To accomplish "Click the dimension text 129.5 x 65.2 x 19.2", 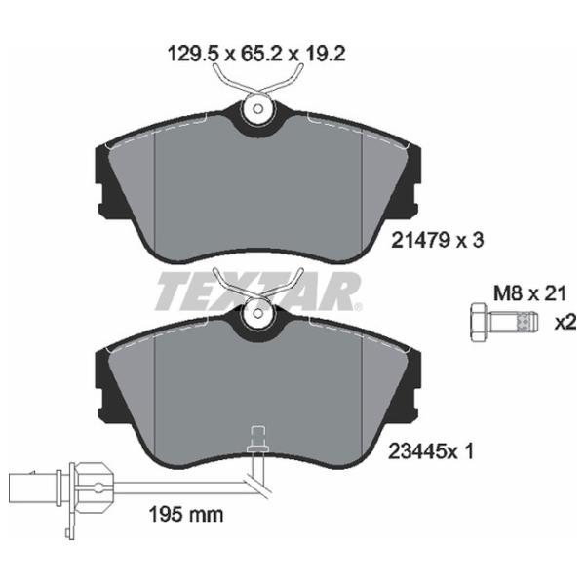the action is click(257, 54).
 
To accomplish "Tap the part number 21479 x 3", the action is click(437, 240).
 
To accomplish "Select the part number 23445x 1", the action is click(431, 451).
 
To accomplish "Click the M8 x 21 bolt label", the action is click(529, 293).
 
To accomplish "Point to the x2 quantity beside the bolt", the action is click(565, 323).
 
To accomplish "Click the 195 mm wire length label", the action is click(186, 515).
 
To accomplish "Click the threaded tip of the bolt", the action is click(526, 323).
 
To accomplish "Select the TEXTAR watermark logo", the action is click(258, 292).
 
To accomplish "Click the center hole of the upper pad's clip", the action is click(257, 109).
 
